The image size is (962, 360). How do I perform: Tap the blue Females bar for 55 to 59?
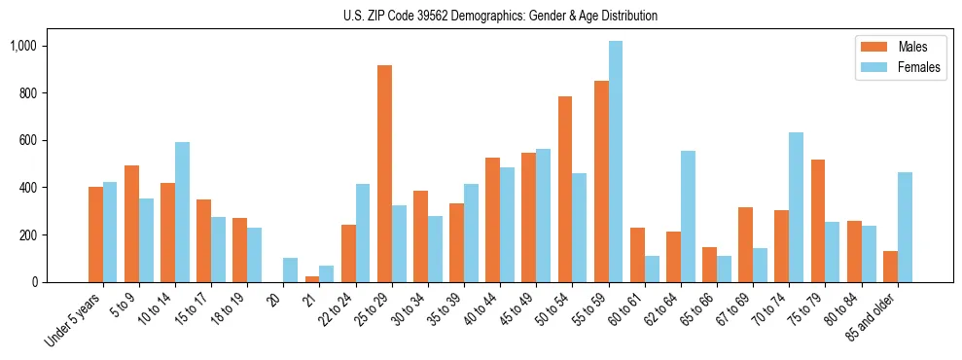click(x=616, y=162)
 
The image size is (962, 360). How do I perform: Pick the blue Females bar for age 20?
click(x=291, y=270)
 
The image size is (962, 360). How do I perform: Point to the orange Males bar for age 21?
click(x=312, y=279)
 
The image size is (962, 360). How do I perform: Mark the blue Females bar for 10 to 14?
click(x=182, y=212)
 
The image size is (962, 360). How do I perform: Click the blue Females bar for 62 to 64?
click(x=688, y=216)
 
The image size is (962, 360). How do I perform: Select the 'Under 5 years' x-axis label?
click(x=73, y=320)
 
